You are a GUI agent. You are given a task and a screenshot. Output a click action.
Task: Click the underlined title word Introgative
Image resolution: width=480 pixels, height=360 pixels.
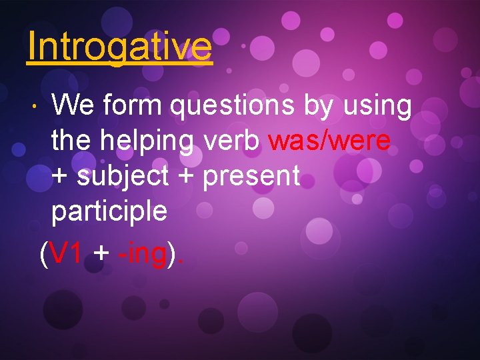(x=119, y=46)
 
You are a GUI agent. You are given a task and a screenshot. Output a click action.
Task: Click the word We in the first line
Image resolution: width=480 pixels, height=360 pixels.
(x=71, y=105)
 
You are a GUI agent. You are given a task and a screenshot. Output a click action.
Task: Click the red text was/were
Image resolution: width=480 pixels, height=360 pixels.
(x=329, y=141)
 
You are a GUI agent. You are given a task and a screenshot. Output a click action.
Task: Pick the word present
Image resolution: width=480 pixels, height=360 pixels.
(x=251, y=177)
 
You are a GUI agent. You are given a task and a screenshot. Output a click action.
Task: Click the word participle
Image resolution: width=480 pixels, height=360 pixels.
(x=109, y=213)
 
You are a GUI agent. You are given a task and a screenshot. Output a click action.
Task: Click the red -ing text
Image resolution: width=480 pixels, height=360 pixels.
(x=141, y=255)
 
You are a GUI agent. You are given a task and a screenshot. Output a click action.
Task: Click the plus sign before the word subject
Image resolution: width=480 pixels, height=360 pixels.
(x=60, y=177)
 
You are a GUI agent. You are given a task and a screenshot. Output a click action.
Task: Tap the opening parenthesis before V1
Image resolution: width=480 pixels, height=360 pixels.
(x=43, y=254)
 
